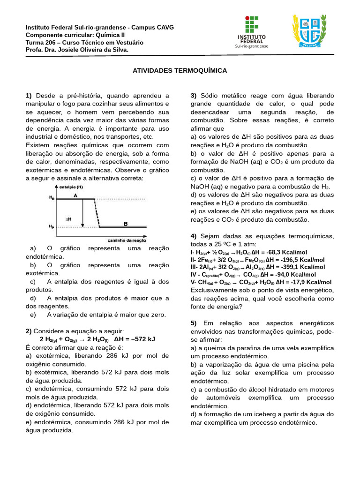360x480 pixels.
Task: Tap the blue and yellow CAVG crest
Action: pyautogui.click(x=309, y=31)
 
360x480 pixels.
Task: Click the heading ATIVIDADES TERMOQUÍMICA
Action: pyautogui.click(x=180, y=70)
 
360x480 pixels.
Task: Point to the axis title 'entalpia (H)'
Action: pyautogui.click(x=71, y=187)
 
